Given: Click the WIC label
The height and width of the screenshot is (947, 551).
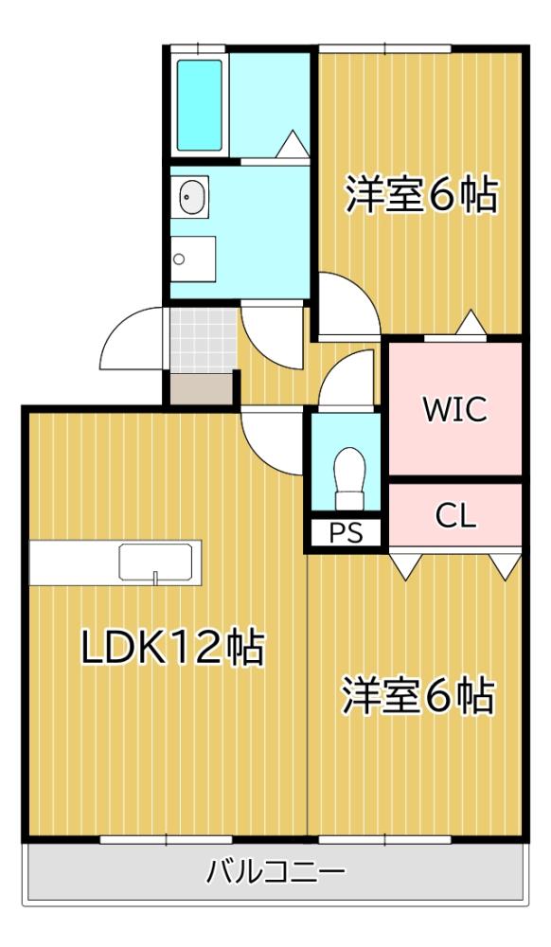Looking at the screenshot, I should tap(455, 409).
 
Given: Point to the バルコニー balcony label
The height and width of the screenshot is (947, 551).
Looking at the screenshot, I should tap(275, 870).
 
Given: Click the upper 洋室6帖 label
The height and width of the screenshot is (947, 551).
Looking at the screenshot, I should tap(421, 195).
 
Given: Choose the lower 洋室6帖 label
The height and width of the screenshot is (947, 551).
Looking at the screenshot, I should tap(418, 698).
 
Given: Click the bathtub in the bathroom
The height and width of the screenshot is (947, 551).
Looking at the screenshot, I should tap(200, 104).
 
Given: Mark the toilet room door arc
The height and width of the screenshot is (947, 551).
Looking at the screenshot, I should tap(347, 379).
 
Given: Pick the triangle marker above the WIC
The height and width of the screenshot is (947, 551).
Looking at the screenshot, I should tap(471, 324).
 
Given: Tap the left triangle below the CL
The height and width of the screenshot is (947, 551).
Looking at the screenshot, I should tap(404, 566).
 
